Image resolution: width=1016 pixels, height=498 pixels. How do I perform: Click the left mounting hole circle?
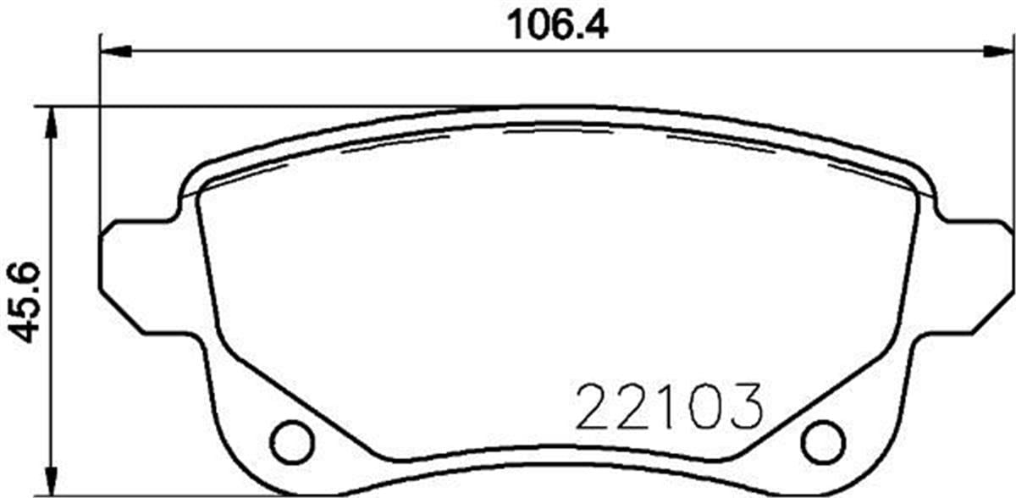click(x=291, y=440)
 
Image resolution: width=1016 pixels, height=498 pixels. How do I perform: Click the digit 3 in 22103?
click(x=743, y=408)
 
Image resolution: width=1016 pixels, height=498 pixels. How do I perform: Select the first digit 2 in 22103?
click(x=595, y=408)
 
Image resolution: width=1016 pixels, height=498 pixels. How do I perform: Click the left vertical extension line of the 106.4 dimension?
click(x=102, y=127)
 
